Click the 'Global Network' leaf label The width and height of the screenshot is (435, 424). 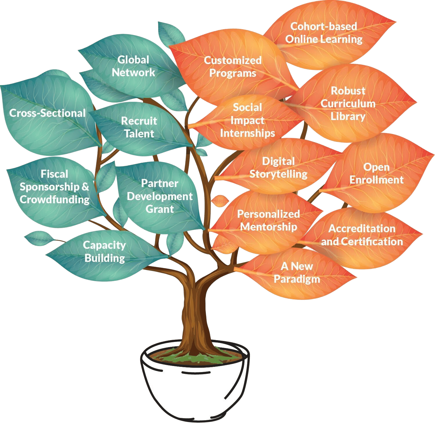tap(133, 66)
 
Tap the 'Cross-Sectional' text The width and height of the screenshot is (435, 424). tap(47, 113)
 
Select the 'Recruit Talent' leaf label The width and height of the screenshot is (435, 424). tap(139, 127)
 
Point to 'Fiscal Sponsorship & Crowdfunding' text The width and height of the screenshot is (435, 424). tap(54, 187)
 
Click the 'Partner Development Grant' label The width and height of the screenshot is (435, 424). tap(160, 196)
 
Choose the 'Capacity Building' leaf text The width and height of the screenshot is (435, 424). tap(104, 251)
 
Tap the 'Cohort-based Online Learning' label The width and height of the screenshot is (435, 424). tap(324, 32)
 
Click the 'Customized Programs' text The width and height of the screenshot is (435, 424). tap(233, 67)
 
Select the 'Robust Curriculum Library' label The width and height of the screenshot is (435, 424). tap(348, 104)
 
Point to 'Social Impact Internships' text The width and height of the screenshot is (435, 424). tap(248, 120)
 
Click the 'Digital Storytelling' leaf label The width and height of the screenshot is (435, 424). tap(278, 168)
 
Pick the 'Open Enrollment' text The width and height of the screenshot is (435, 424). tap(376, 173)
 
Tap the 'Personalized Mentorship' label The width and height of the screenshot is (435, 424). tap(268, 220)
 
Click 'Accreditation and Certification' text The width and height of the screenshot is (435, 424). tap(362, 235)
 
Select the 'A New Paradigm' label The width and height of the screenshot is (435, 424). tap(297, 273)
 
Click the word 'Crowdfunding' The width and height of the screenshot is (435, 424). tap(55, 200)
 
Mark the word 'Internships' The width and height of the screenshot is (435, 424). tap(248, 133)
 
